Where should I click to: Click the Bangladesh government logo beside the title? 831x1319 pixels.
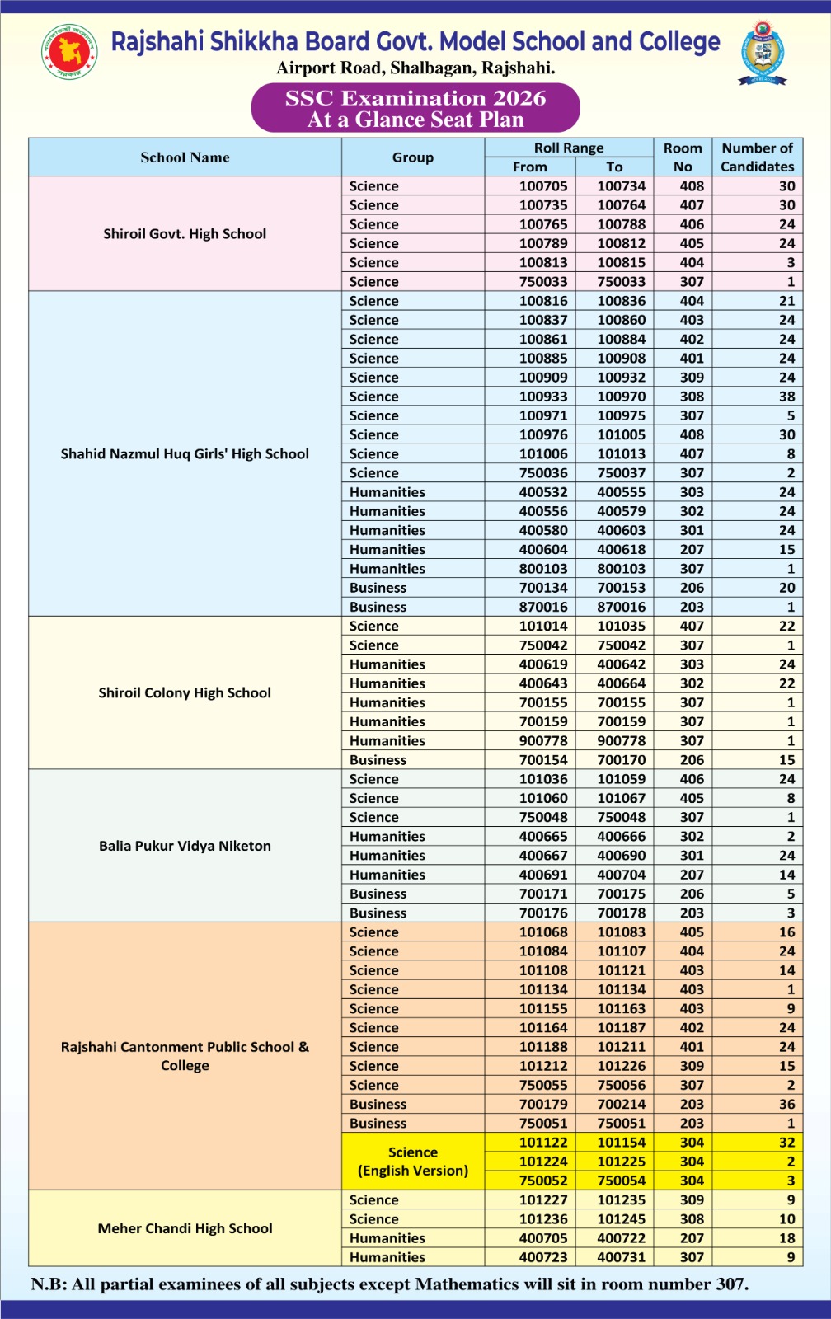coord(70,52)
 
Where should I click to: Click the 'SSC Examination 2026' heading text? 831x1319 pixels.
coord(415,98)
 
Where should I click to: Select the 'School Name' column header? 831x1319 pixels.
coord(185,157)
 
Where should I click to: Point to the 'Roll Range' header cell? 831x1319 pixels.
coord(569,148)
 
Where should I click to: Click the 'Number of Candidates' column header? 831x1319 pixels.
coord(757,157)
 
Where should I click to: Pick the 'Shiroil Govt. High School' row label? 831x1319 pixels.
coord(185,234)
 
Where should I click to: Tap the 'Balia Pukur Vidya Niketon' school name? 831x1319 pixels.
coord(185,846)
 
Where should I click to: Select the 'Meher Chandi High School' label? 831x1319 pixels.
coord(185,1228)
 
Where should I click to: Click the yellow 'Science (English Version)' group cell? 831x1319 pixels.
coord(413,1162)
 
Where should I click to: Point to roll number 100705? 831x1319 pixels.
coord(543,186)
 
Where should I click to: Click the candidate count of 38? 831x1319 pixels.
coord(786,397)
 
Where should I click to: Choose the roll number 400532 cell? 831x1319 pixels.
coord(543,492)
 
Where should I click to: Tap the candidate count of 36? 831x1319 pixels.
coord(786,1105)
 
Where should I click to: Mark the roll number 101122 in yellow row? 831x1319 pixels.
coord(543,1143)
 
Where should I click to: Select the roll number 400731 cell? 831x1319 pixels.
coord(622,1257)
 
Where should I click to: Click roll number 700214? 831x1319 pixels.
coord(622,1105)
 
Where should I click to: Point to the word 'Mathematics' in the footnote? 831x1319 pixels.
coord(467,1284)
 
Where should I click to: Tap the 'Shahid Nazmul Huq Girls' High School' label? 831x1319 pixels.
coord(185,454)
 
